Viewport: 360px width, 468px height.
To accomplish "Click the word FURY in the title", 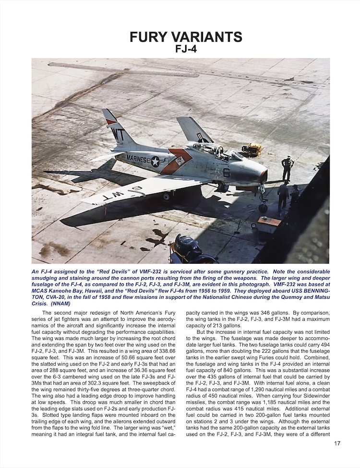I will pos(155,37).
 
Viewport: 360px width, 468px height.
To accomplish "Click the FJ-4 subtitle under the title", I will pos(180,50).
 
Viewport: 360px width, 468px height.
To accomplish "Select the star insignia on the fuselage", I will pos(155,161).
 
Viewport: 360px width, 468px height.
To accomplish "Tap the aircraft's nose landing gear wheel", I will pos(263,208).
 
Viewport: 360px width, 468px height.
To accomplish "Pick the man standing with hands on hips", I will pos(288,168).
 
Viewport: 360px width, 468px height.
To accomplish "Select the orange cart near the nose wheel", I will pos(269,223).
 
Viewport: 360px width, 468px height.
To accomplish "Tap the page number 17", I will pos(337,456).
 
